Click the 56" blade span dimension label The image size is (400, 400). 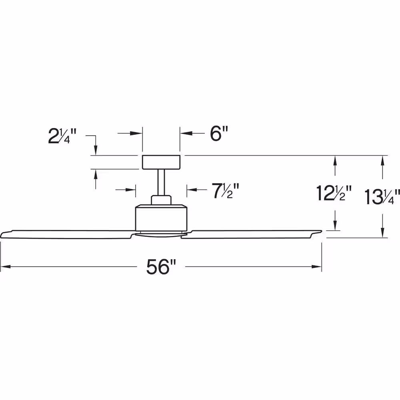tap(161, 267)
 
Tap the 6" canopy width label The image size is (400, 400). tap(219, 134)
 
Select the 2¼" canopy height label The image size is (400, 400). tap(62, 136)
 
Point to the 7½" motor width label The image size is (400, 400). tap(226, 191)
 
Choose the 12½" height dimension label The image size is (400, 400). tap(334, 193)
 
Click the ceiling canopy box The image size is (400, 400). tap(161, 162)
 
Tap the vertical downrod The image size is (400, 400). tap(161, 182)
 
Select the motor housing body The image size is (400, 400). tap(161, 218)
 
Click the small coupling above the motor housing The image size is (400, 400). tap(161, 200)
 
